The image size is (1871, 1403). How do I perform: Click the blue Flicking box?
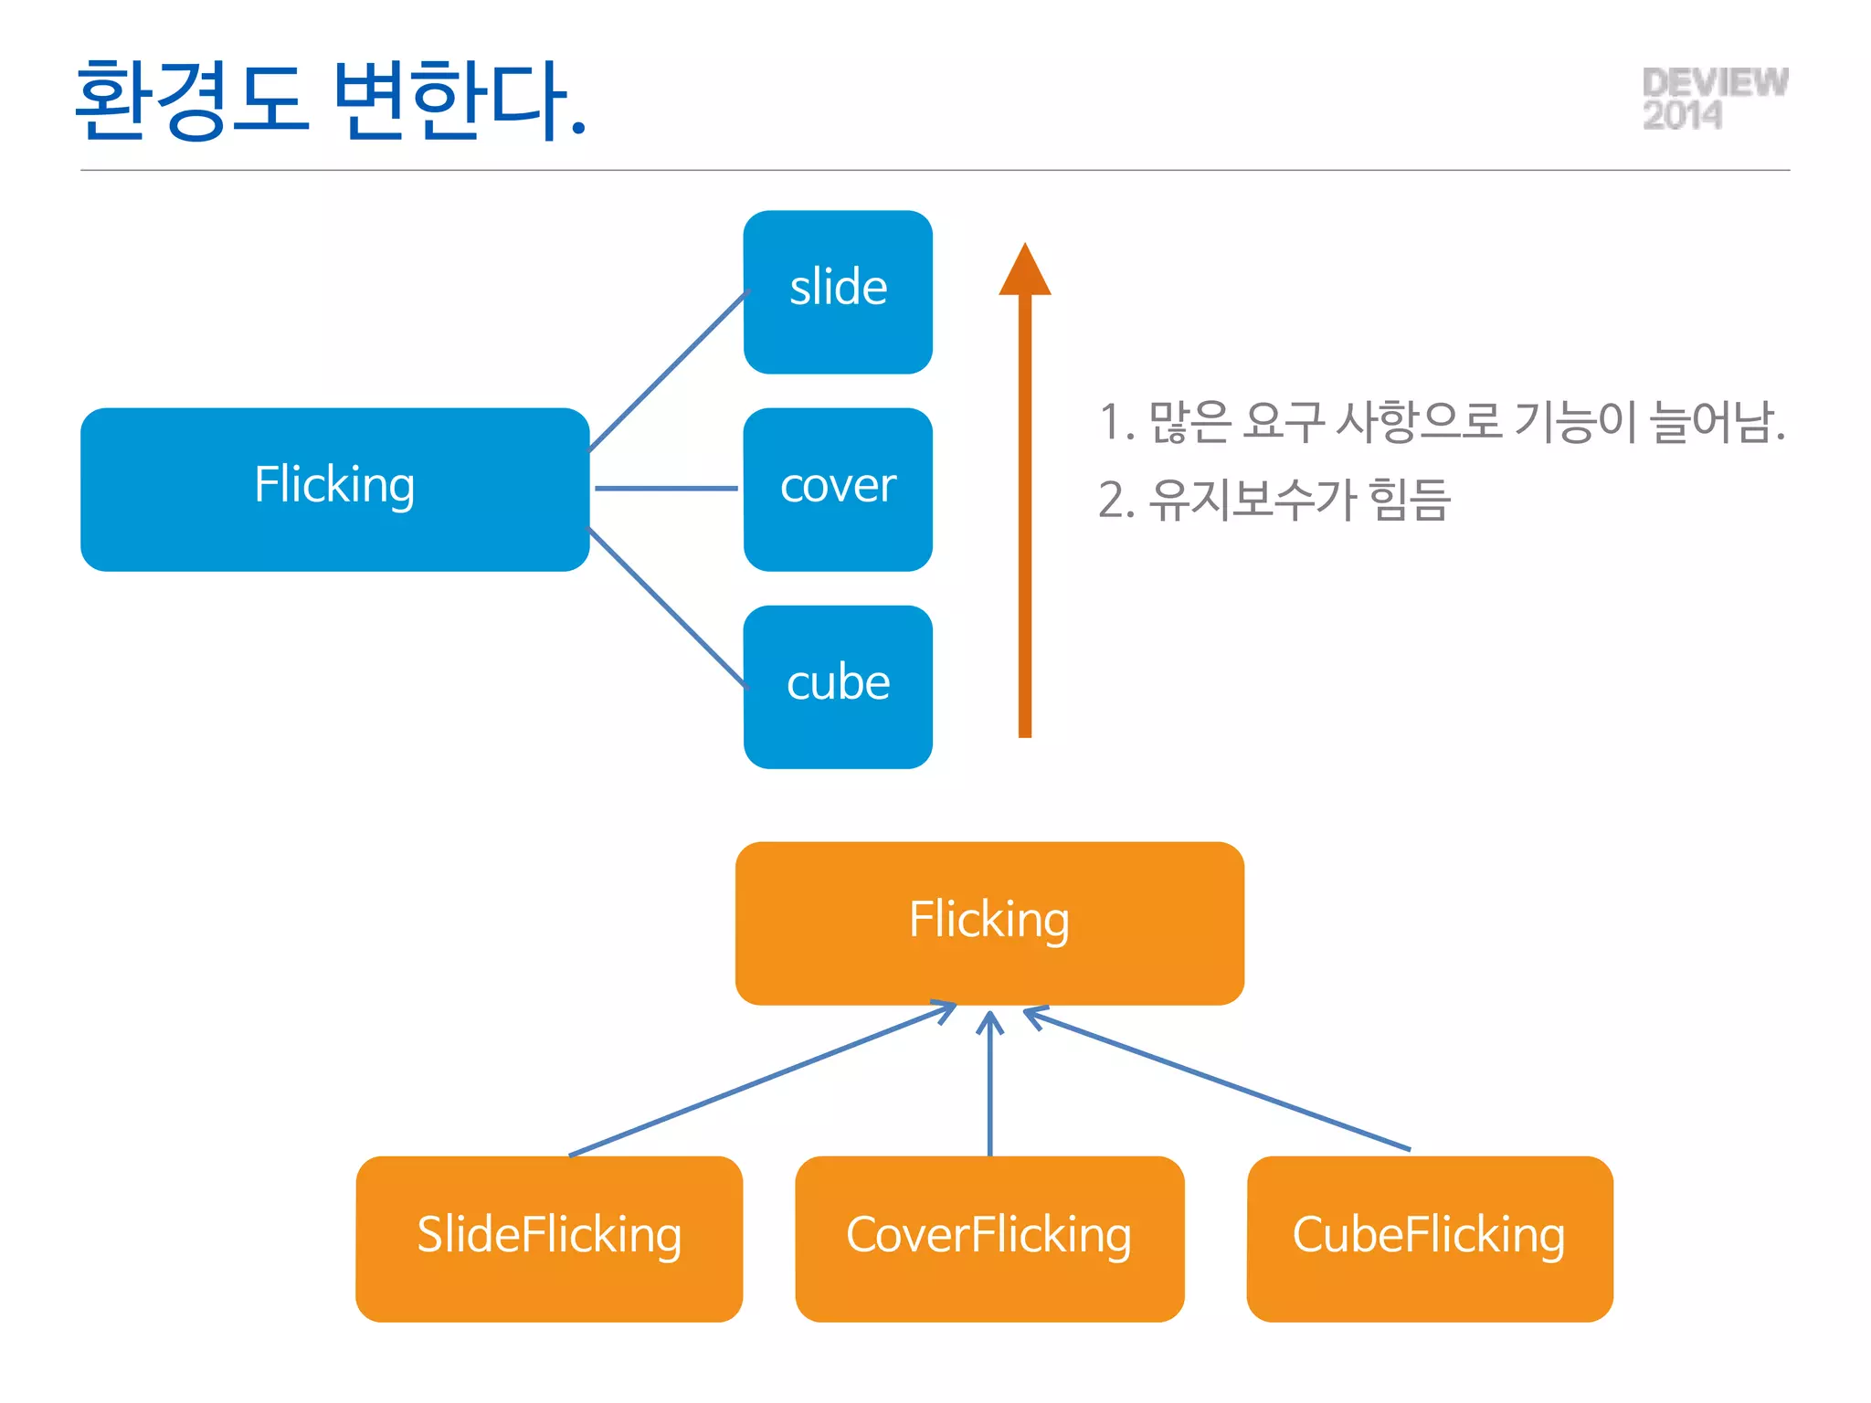(x=334, y=489)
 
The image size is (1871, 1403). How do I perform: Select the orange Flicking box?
(x=989, y=923)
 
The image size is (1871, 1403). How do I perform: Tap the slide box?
(x=838, y=291)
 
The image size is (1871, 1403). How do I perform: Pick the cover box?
(x=838, y=489)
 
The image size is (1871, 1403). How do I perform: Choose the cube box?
(x=838, y=686)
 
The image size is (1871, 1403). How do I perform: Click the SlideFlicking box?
(x=549, y=1238)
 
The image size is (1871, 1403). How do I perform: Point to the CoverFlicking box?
(x=989, y=1238)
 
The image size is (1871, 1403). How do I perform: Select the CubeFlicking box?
(x=1429, y=1238)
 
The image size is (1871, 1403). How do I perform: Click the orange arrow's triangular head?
(x=1025, y=273)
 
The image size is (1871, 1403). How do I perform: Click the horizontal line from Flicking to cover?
(x=666, y=489)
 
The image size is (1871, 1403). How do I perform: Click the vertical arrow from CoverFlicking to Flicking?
(x=989, y=1087)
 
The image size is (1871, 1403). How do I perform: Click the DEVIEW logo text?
(x=1715, y=82)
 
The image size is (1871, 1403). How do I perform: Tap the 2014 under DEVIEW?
(x=1682, y=116)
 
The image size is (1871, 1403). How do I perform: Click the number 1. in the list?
(x=1115, y=423)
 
